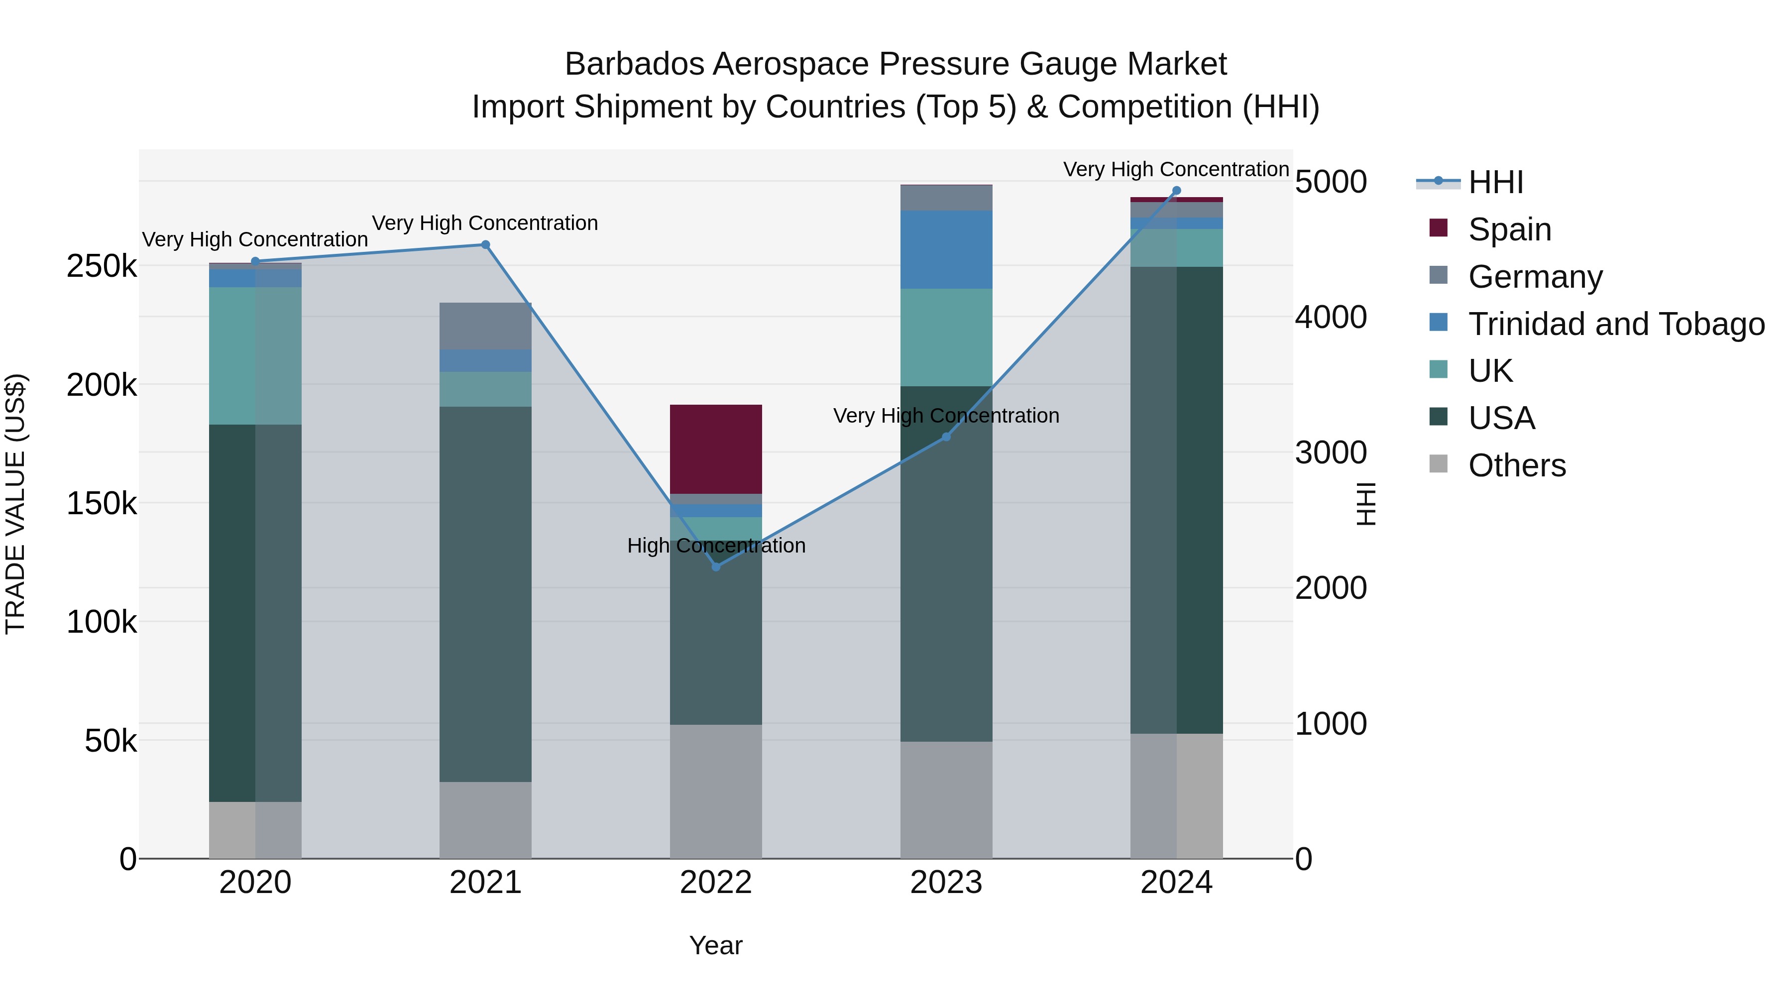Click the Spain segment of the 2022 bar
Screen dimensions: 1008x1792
coord(715,448)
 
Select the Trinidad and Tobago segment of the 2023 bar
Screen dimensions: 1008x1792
coord(946,249)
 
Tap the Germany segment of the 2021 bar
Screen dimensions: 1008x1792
coord(485,326)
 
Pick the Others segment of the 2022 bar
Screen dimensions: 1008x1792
coord(715,791)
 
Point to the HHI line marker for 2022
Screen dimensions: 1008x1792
coord(716,566)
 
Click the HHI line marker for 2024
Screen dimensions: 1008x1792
coord(1176,191)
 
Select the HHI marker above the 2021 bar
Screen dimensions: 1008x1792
coord(485,245)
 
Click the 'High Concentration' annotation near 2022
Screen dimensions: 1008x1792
coord(716,546)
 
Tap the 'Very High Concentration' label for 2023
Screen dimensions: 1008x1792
coord(946,415)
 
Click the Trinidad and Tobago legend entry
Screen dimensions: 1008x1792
coord(1615,324)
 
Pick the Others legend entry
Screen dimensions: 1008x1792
coord(1517,465)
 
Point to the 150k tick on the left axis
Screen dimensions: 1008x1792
coord(102,503)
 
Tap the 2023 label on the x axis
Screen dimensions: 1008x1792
coord(946,883)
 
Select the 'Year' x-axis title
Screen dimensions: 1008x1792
coord(716,945)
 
